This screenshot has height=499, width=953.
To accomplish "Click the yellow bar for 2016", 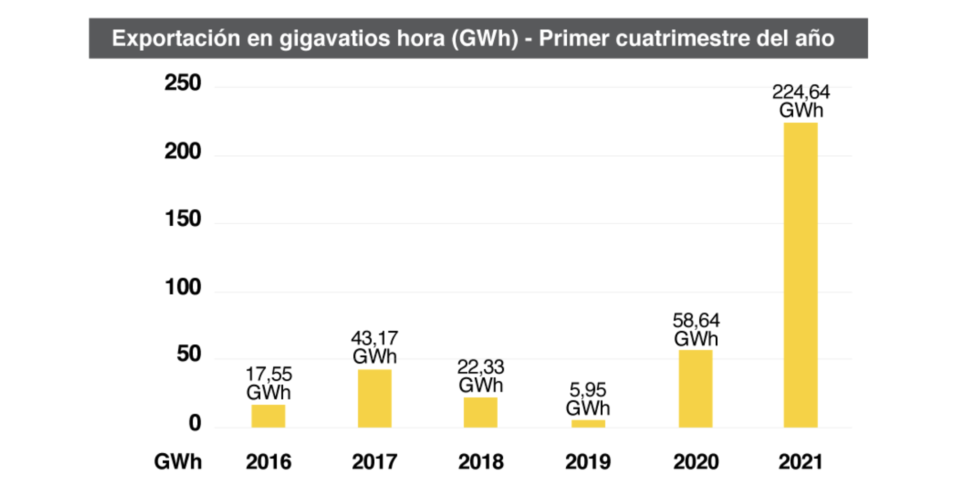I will tap(268, 416).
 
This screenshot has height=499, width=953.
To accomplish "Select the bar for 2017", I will tap(375, 398).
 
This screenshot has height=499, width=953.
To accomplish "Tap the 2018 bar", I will tap(481, 412).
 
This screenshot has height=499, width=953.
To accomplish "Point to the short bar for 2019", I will tap(588, 423).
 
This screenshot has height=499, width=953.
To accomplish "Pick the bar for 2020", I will tap(695, 388).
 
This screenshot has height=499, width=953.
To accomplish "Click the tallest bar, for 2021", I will tap(800, 275).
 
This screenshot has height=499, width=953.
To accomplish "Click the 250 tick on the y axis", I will tap(183, 83).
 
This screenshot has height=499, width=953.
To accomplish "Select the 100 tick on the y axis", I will tap(183, 288).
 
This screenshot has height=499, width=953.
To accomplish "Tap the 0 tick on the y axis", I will tap(195, 423).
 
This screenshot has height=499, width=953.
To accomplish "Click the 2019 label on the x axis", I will tap(588, 462).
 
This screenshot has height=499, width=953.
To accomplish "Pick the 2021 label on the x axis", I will tap(800, 462).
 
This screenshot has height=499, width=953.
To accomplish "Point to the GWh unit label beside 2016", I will tap(178, 462).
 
